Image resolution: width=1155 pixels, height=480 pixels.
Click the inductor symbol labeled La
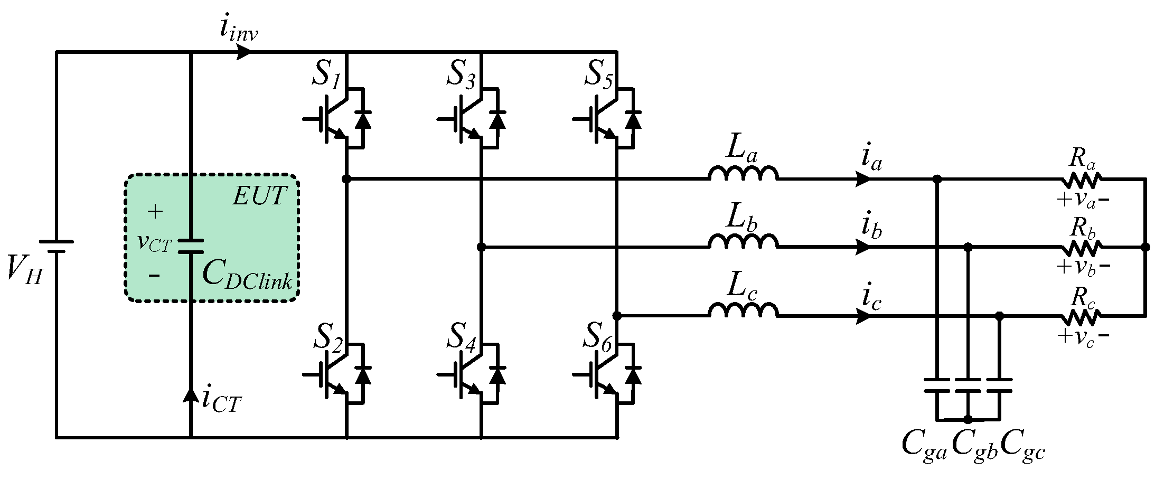tap(743, 174)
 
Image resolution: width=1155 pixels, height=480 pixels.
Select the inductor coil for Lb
tap(743, 242)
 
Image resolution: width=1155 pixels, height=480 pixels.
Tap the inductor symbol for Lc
tap(743, 311)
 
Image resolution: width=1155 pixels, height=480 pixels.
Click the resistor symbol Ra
tap(1081, 181)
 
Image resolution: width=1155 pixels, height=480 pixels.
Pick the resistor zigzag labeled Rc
tap(1081, 317)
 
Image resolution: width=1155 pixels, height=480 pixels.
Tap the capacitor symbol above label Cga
tap(937, 385)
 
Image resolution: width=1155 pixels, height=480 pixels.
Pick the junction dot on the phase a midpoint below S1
tap(346, 180)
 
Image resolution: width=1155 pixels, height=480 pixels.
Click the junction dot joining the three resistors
tap(1145, 247)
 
